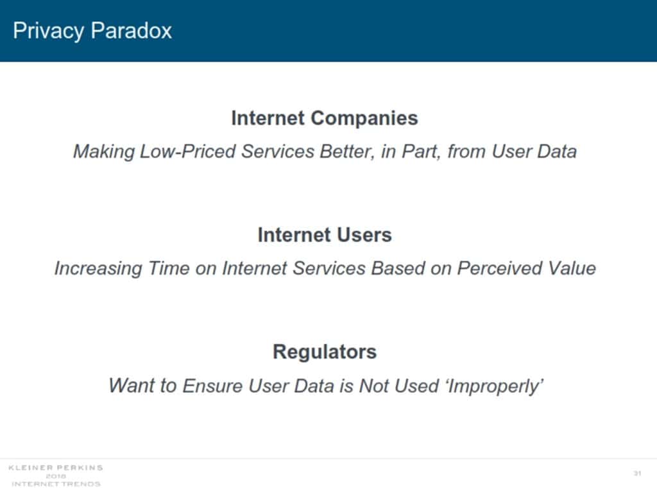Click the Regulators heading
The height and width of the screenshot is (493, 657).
coord(325,352)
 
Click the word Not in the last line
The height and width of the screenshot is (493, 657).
coord(375,386)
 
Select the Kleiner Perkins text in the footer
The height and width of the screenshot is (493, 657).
coord(56,467)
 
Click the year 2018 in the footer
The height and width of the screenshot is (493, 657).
coord(56,476)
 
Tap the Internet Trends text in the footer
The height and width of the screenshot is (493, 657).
coord(56,484)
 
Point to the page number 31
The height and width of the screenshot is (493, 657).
coord(637,474)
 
